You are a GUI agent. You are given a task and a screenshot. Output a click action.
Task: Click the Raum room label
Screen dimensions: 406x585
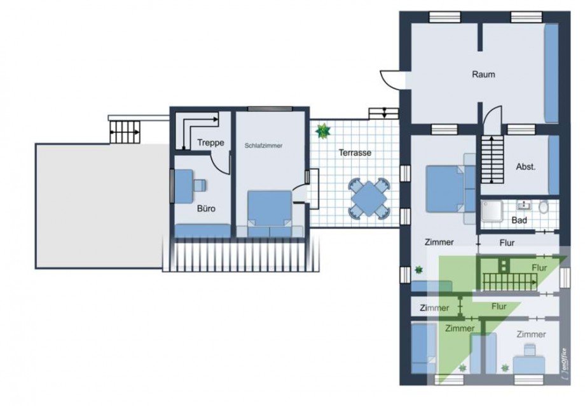(483, 74)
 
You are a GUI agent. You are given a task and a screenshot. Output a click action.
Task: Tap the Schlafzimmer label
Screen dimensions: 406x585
(263, 146)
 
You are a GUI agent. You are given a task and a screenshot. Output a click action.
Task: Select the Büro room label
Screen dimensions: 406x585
(205, 208)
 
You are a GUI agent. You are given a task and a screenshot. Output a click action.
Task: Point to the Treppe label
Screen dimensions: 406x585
(210, 143)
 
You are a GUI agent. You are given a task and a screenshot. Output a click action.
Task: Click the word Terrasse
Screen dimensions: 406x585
(355, 153)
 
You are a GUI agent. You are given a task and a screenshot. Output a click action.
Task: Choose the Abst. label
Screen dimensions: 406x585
(525, 167)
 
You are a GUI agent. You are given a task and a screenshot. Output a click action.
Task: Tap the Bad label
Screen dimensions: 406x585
(519, 220)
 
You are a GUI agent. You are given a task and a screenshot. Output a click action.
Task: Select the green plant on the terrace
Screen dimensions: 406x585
(323, 131)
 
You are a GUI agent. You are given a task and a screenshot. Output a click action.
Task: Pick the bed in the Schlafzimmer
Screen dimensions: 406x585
(269, 209)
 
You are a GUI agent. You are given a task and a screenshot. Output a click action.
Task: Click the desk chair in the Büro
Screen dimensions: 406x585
(200, 185)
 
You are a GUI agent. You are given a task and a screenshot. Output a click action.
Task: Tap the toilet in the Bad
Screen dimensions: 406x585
(544, 207)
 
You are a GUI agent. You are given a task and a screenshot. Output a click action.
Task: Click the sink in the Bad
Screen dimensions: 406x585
(525, 205)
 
